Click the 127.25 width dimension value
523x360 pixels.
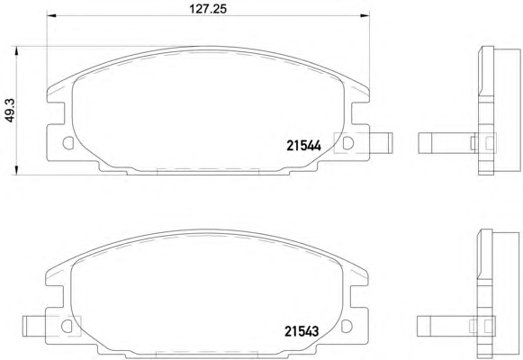coord(208,8)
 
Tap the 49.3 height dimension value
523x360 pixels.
coord(10,110)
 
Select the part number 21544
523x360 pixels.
coord(303,146)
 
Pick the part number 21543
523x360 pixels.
coord(302,331)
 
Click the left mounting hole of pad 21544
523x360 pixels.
coord(68,143)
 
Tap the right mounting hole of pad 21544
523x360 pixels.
coord(347,143)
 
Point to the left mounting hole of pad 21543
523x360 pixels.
coord(67,326)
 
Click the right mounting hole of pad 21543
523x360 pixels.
coord(347,326)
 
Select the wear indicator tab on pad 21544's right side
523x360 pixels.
coord(381,143)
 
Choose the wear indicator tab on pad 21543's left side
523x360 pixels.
coord(34,326)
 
